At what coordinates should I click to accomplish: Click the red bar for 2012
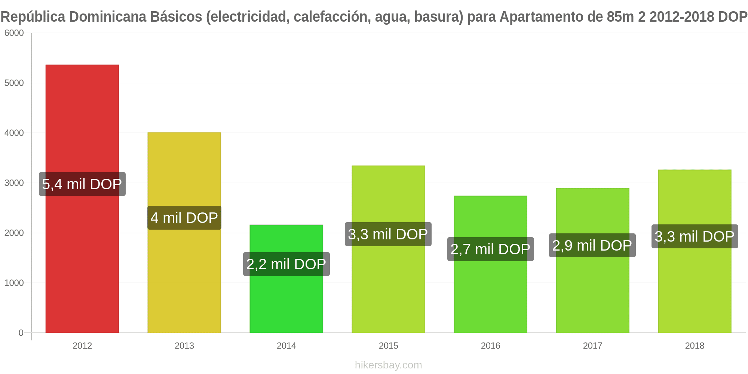point(82,199)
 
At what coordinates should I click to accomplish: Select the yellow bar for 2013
point(184,233)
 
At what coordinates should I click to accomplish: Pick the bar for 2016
point(491,264)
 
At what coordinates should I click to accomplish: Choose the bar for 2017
point(593,260)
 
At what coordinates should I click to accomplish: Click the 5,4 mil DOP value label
point(82,184)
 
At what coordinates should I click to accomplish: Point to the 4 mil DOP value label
point(184,218)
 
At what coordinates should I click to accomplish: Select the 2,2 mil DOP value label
point(286,264)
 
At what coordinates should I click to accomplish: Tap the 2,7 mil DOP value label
point(491,249)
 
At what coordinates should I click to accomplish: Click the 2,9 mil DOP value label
point(592,245)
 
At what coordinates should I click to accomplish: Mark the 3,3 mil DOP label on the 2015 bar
point(388,234)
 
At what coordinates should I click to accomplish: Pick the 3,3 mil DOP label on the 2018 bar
point(695,236)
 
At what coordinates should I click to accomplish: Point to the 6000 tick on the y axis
point(14,33)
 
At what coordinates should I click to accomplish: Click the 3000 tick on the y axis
point(14,183)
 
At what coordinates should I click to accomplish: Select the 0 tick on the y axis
point(21,333)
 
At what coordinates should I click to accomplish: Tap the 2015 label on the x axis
point(389,346)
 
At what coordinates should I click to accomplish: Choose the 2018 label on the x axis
point(695,346)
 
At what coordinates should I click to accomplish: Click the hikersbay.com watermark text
point(389,365)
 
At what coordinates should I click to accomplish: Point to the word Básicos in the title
point(177,17)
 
